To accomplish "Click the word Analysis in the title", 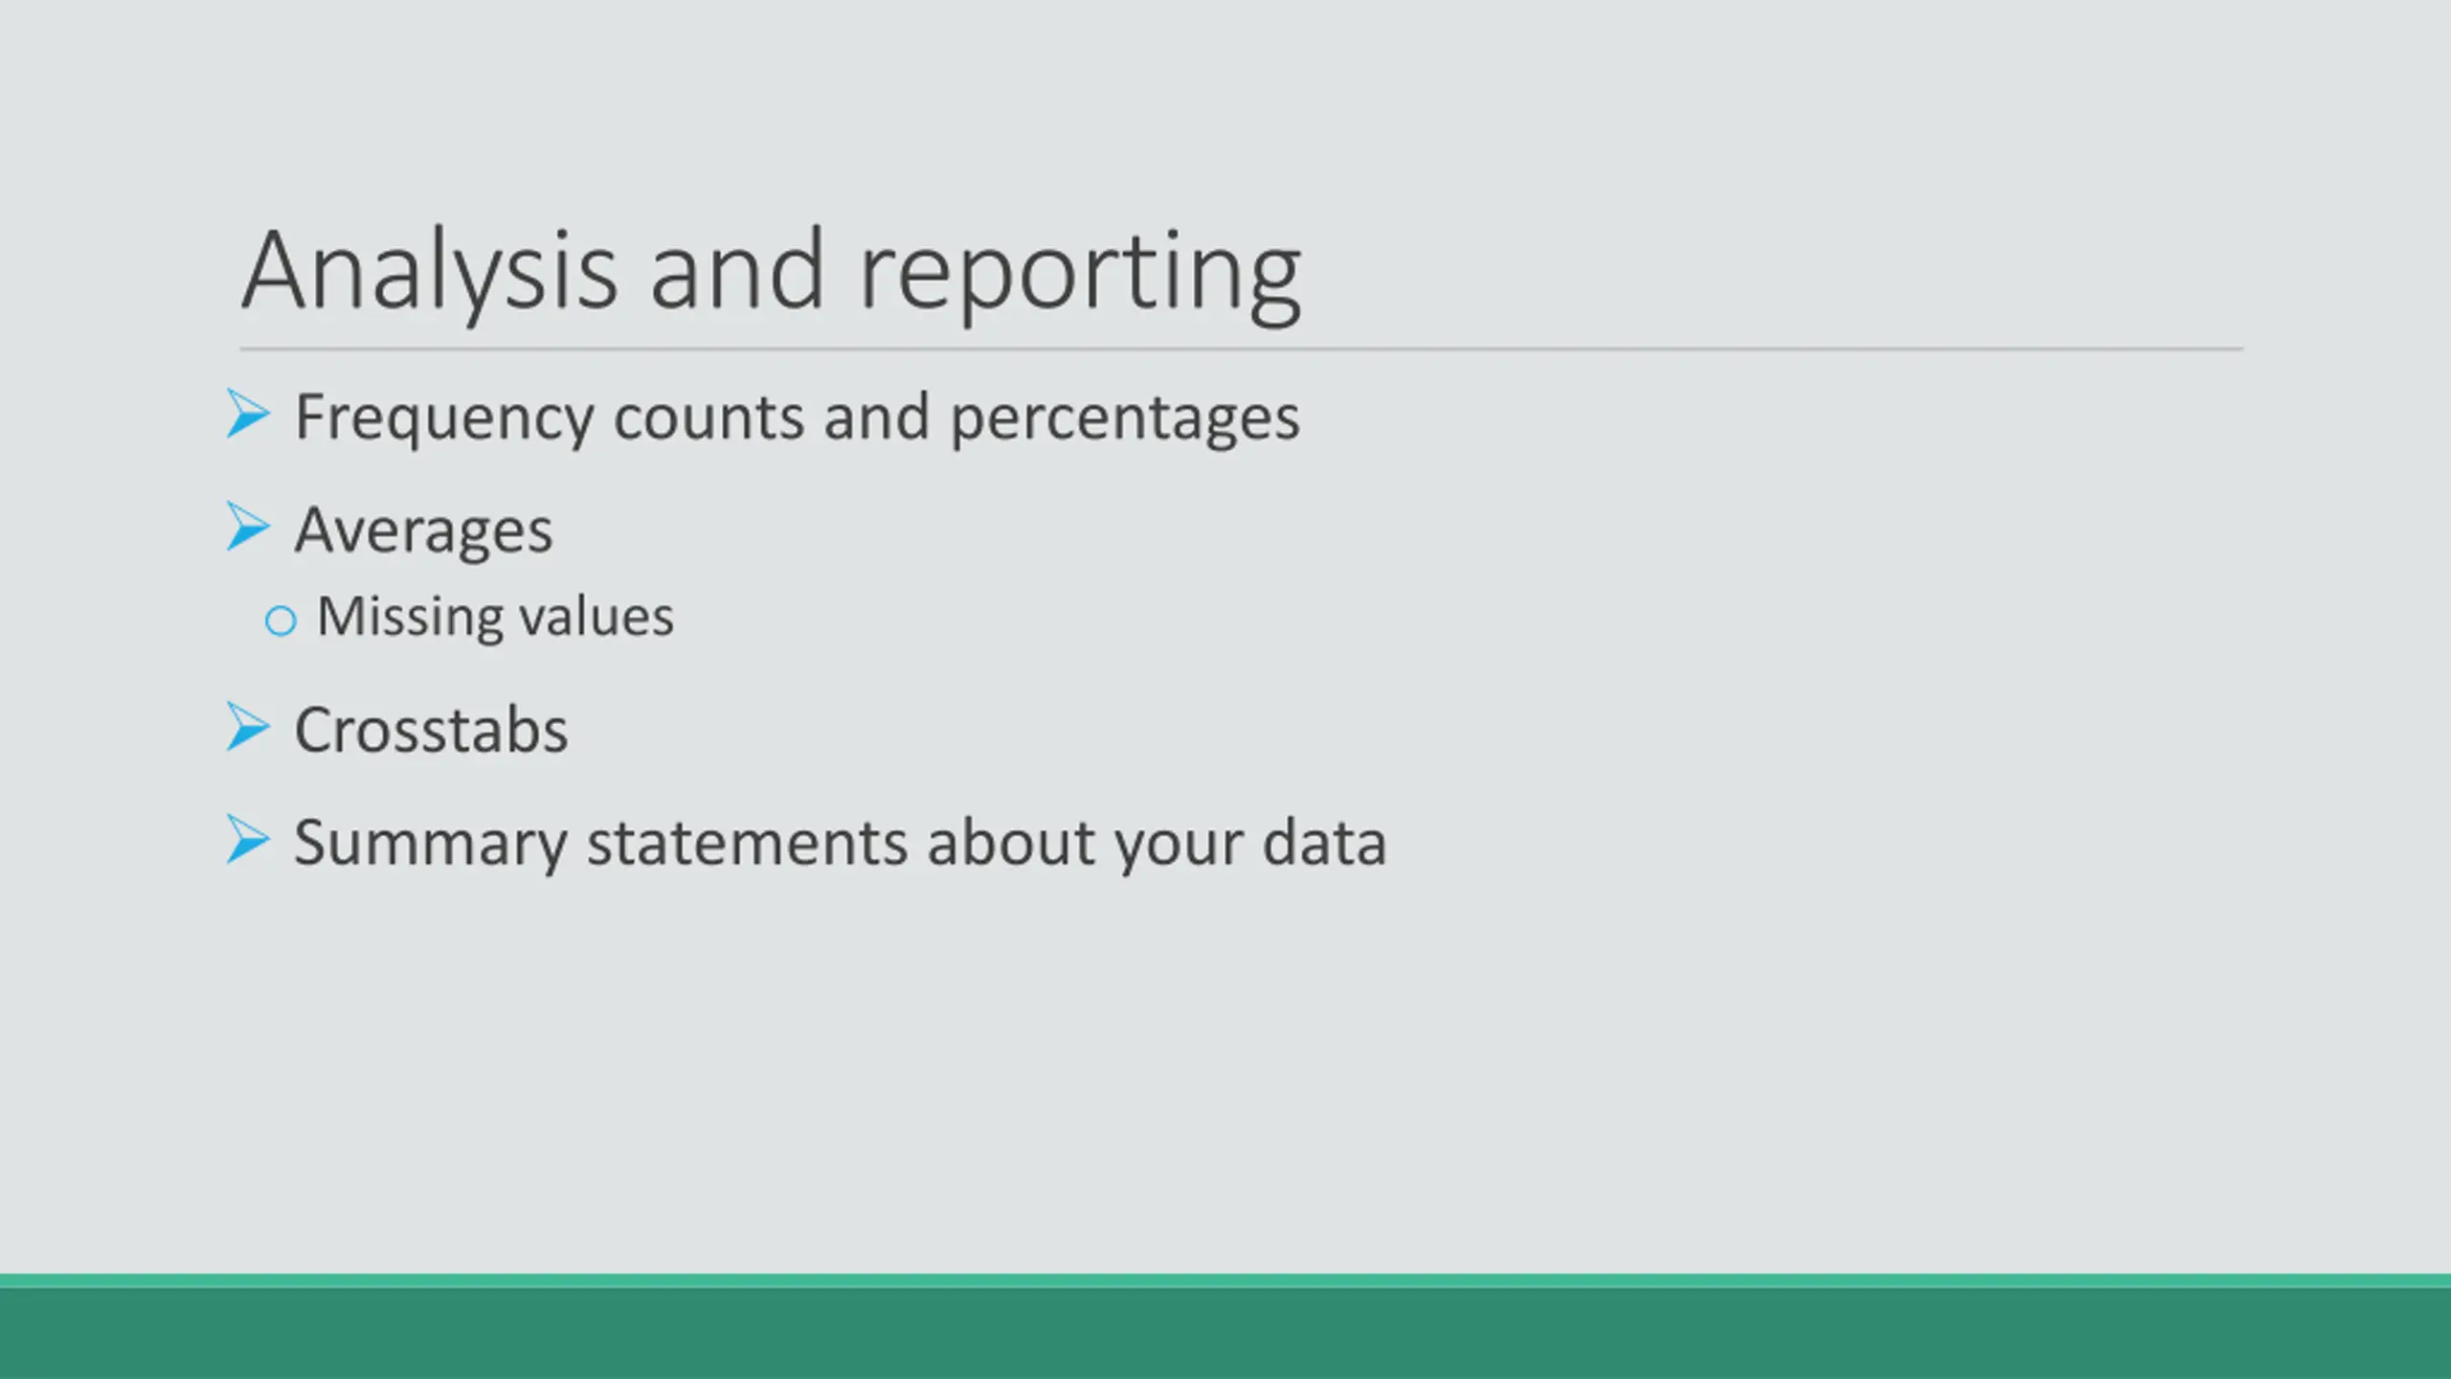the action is click(430, 272).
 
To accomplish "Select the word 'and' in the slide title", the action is click(737, 271).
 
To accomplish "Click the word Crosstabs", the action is click(431, 731).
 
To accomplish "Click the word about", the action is click(1011, 843).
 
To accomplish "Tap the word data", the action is click(1325, 843).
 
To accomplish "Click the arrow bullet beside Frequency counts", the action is click(248, 414).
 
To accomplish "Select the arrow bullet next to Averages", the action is click(248, 527).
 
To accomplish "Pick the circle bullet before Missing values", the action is click(281, 621).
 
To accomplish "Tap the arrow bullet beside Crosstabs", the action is click(248, 727).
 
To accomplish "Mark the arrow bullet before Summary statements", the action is click(248, 839).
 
